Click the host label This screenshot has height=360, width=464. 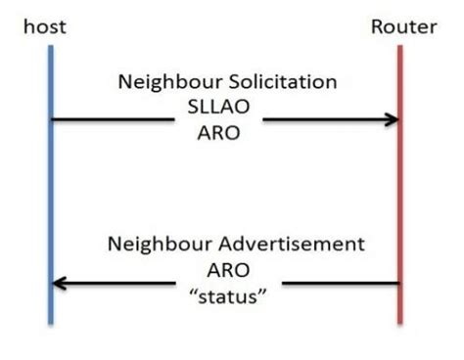(46, 25)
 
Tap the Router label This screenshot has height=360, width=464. (401, 25)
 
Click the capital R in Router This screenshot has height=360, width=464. (378, 25)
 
